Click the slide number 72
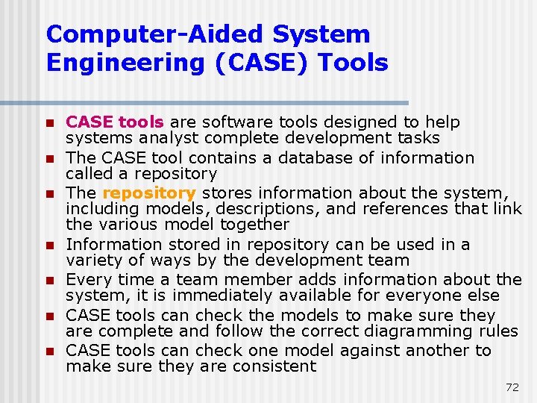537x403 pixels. point(512,387)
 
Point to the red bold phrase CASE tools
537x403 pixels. point(116,122)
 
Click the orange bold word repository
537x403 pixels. point(148,193)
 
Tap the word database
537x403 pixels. point(337,157)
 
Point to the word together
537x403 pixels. point(252,224)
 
